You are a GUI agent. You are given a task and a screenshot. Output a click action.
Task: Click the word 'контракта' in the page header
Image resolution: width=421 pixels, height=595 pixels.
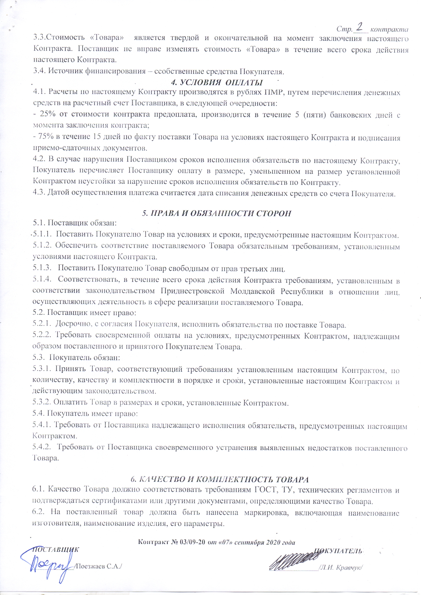coord(389,29)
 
